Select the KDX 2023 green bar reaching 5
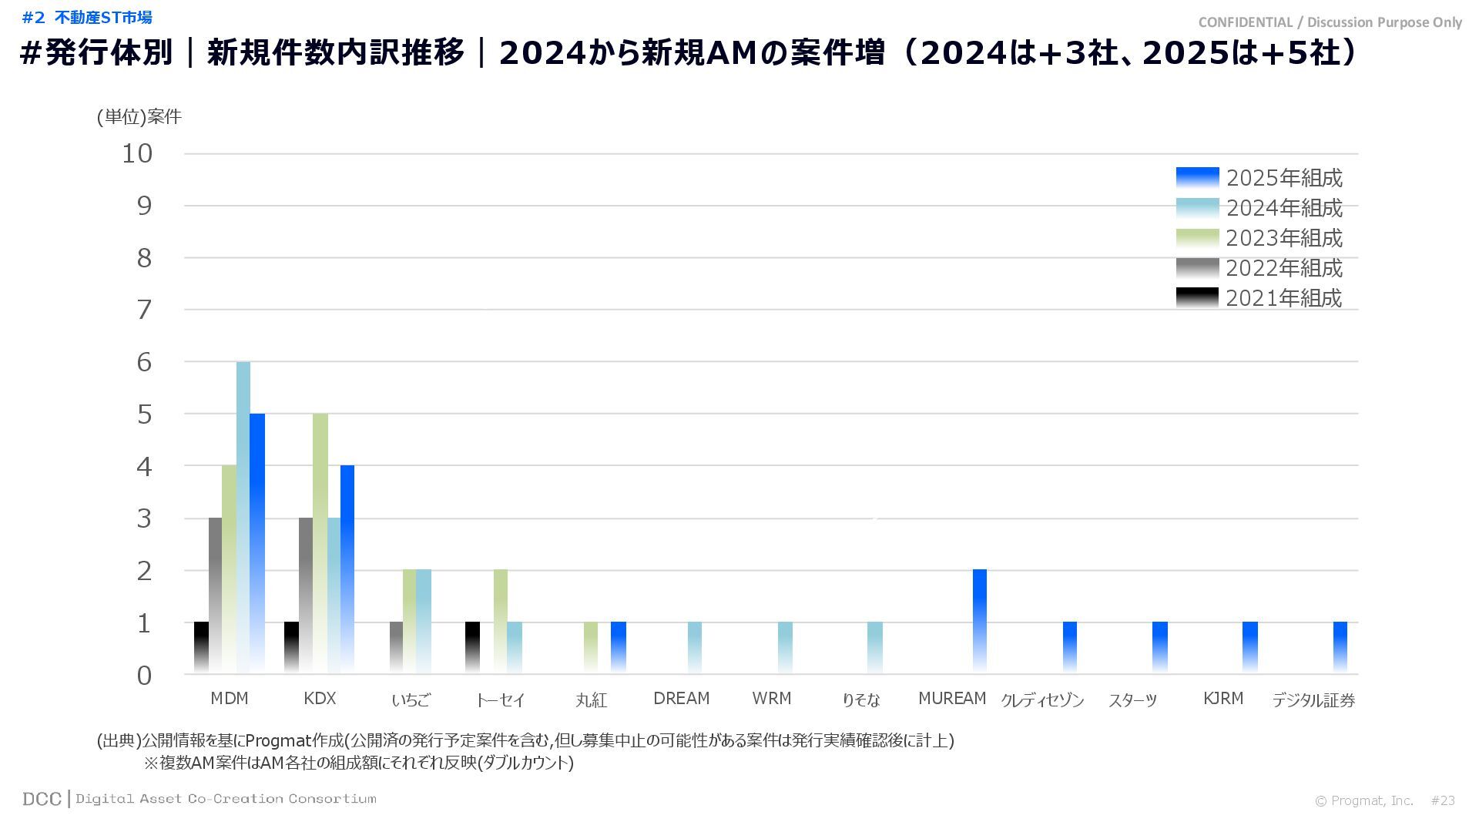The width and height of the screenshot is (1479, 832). [320, 543]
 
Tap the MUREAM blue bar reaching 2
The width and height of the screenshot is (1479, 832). [980, 621]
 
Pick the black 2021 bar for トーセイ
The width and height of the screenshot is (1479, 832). [473, 647]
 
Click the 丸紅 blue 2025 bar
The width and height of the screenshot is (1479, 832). [619, 647]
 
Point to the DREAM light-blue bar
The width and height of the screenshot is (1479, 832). [695, 647]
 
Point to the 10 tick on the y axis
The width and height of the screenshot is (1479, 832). [138, 153]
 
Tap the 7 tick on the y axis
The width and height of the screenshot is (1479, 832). [144, 310]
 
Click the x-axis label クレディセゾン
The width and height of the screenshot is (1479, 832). [1042, 700]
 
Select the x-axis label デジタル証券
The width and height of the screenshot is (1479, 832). [1313, 700]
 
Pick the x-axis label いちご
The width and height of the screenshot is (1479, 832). [411, 700]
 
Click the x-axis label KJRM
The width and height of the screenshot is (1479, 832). [1223, 699]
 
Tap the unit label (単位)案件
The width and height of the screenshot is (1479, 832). [139, 116]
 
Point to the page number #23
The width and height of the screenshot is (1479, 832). [1443, 800]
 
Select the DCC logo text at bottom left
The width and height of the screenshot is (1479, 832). [42, 799]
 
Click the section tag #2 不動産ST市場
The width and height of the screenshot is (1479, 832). [87, 18]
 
